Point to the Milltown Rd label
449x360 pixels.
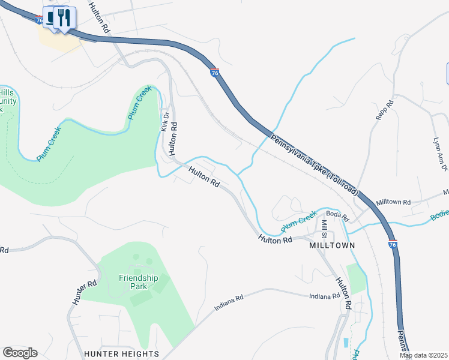point(393,203)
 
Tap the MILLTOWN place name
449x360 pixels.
point(332,245)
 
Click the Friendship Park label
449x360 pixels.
point(138,282)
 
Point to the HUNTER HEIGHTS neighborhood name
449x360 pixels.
point(121,353)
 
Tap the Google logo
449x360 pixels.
point(20,353)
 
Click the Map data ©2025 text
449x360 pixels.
point(424,355)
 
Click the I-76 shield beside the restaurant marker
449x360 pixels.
point(40,20)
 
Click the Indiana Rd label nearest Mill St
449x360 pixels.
point(325,296)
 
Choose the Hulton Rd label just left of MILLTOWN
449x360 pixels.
point(275,239)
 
